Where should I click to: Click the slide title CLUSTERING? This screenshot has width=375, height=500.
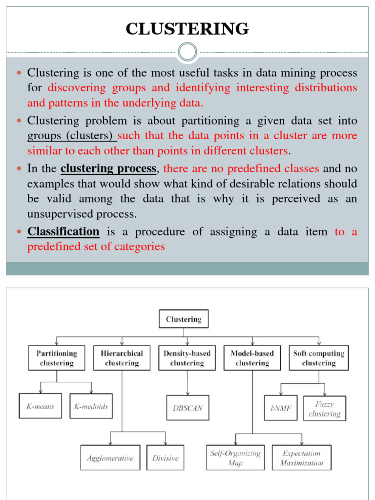click(187, 29)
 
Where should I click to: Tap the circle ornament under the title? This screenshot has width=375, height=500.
click(187, 52)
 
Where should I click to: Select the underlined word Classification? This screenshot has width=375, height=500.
click(63, 231)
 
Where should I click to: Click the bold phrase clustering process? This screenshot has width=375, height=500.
click(108, 169)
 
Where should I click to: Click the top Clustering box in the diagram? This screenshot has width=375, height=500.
click(184, 319)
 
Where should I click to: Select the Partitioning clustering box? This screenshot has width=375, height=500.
click(57, 358)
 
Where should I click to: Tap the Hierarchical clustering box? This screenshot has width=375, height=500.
click(122, 358)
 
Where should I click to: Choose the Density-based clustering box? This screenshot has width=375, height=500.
click(187, 358)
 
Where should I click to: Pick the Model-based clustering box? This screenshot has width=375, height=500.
click(252, 358)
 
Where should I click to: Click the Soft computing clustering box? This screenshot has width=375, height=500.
click(318, 358)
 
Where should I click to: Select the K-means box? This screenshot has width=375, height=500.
click(41, 406)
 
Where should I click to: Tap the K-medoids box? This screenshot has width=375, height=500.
click(91, 406)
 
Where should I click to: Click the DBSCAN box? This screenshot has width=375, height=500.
click(187, 408)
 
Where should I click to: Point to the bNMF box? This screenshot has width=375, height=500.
click(281, 408)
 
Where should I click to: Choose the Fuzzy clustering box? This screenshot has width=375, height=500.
click(324, 408)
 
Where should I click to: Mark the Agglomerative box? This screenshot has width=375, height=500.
click(110, 458)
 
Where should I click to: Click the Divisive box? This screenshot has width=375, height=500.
click(166, 458)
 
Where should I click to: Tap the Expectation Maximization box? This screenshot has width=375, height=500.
click(302, 458)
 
